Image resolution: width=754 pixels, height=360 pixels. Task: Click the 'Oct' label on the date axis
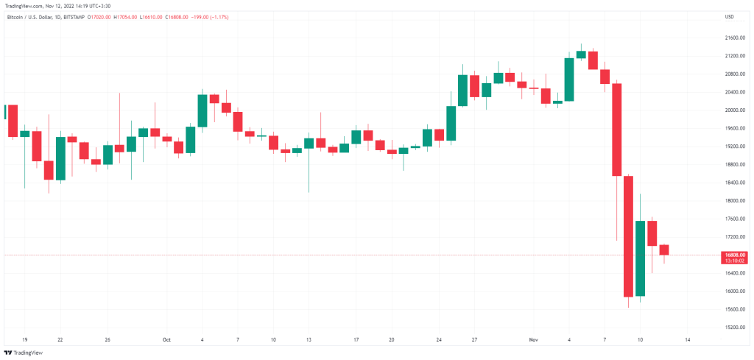(x=166, y=340)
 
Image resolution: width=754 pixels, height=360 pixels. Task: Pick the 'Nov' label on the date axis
(x=534, y=340)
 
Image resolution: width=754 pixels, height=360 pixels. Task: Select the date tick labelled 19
(x=24, y=340)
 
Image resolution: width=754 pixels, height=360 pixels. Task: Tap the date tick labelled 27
(x=475, y=340)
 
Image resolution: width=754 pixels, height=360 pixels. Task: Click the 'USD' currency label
(x=730, y=16)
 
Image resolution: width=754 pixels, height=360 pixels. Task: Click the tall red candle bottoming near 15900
(x=628, y=236)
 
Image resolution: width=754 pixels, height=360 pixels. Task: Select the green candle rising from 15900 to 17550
(x=640, y=258)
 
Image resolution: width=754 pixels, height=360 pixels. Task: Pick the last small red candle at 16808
(x=664, y=250)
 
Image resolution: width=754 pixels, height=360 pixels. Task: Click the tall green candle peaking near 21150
(x=569, y=80)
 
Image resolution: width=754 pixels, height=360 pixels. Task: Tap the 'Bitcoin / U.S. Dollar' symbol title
(x=30, y=16)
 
